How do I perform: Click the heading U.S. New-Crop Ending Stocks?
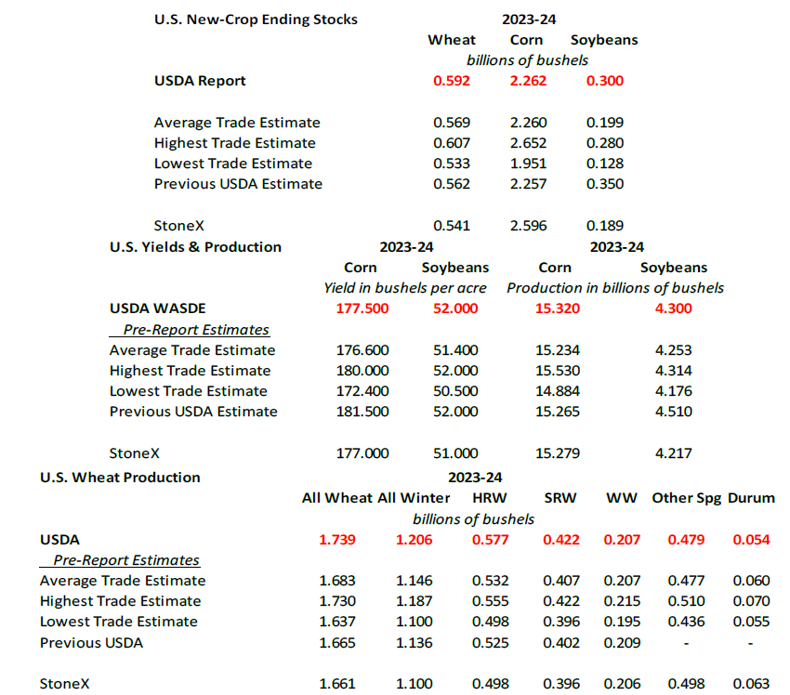click(256, 20)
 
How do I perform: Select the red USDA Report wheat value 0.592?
click(452, 81)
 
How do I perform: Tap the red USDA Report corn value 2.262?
click(528, 81)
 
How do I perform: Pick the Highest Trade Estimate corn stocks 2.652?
click(528, 143)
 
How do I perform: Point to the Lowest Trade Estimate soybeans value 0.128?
click(605, 164)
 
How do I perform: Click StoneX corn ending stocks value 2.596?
click(528, 226)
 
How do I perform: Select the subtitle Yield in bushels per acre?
click(405, 288)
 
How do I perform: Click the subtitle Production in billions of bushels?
click(615, 288)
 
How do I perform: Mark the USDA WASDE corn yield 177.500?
click(362, 308)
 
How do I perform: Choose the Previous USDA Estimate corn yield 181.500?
click(362, 412)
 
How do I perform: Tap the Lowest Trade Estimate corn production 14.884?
click(558, 391)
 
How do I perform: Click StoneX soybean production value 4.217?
click(673, 453)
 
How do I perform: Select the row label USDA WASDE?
click(158, 308)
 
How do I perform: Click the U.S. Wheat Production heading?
click(120, 478)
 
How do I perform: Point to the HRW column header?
click(490, 498)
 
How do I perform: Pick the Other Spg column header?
click(686, 499)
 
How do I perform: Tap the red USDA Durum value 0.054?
click(751, 540)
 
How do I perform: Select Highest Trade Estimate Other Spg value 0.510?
click(686, 601)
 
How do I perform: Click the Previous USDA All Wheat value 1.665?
click(337, 643)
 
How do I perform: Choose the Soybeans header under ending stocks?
click(604, 40)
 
